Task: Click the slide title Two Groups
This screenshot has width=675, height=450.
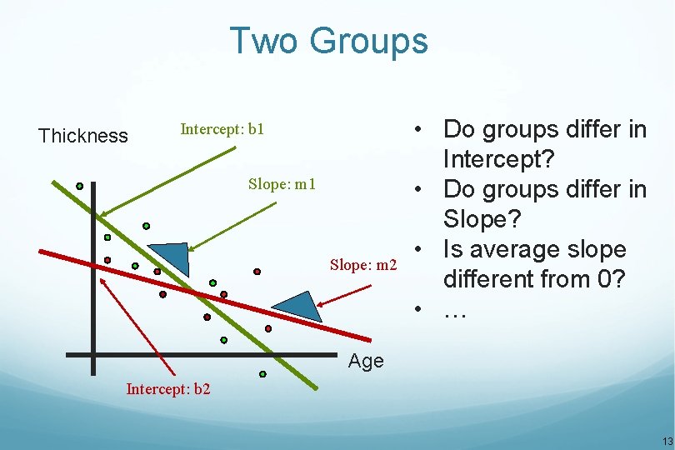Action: point(328,41)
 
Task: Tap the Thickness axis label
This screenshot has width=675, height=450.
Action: point(83,136)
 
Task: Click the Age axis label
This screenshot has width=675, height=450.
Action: point(366,361)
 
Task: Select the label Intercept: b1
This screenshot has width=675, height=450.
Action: point(222,129)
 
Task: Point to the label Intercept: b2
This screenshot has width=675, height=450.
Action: point(167,388)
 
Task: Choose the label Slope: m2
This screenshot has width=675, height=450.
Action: point(363,265)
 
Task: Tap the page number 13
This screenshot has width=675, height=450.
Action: point(666,441)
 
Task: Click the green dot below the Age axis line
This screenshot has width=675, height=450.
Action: point(262,374)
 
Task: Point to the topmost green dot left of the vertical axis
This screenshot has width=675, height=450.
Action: point(79,186)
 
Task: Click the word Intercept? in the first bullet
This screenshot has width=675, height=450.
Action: point(497,158)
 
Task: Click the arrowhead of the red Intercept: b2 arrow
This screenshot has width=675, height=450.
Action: point(102,280)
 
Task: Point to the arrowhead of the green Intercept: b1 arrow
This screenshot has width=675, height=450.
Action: point(102,215)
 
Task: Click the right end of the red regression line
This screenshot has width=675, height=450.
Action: point(368,338)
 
